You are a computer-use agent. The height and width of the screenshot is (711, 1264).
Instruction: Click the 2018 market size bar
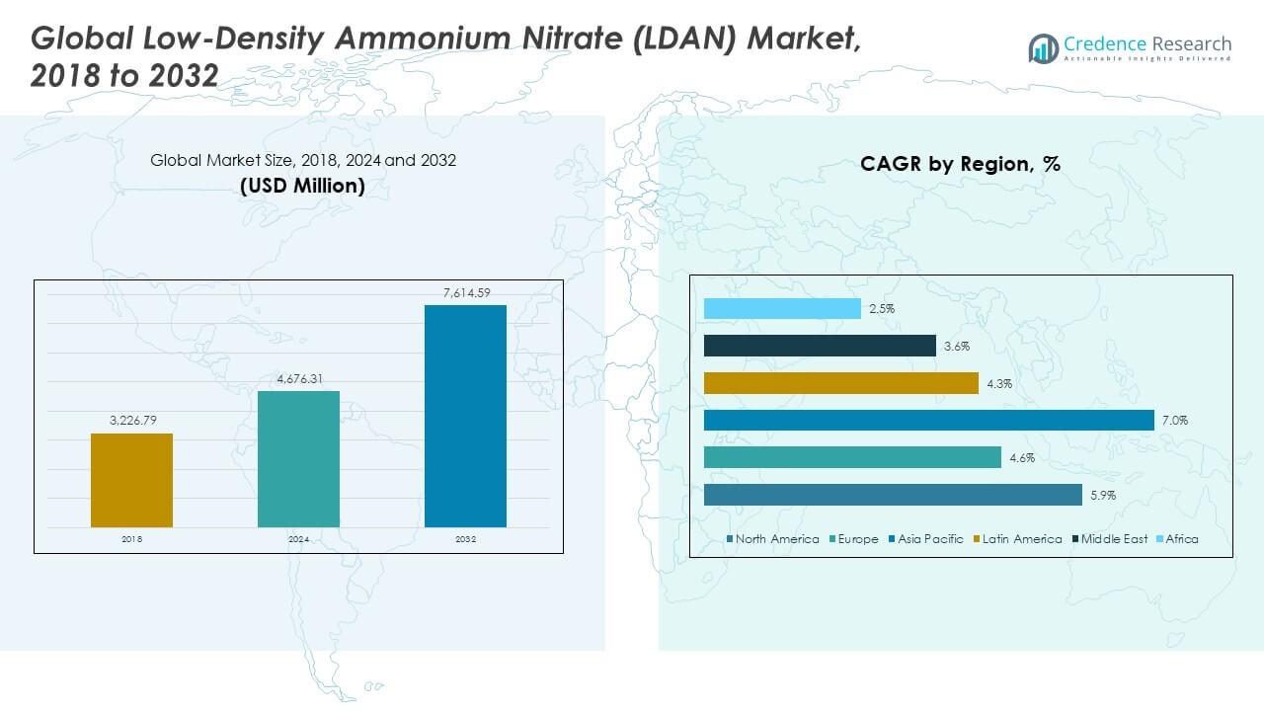point(131,480)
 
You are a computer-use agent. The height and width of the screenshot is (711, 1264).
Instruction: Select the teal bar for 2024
point(298,459)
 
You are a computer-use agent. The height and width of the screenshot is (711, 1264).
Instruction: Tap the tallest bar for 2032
point(465,416)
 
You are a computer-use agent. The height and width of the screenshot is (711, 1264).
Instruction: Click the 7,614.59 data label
point(465,292)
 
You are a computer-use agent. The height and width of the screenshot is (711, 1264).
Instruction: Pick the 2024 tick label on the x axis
point(298,539)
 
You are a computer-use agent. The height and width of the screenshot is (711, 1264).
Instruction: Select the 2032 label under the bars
point(465,539)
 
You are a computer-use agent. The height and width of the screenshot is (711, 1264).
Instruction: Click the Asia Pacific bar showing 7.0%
point(928,421)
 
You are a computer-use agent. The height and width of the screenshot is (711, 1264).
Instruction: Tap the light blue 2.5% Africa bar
point(782,309)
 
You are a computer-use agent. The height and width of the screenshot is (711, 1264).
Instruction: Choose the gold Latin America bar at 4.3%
point(840,383)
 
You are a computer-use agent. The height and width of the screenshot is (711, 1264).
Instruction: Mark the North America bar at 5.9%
point(893,495)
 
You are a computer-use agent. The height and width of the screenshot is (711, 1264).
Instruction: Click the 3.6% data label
point(956,347)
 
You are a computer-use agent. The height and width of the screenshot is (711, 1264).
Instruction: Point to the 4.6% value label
point(1021,458)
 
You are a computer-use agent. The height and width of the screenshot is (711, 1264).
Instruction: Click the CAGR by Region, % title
point(960,164)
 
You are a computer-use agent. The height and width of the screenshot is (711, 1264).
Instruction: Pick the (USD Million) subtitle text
point(302,185)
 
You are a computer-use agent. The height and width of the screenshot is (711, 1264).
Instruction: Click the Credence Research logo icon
point(1043,47)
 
